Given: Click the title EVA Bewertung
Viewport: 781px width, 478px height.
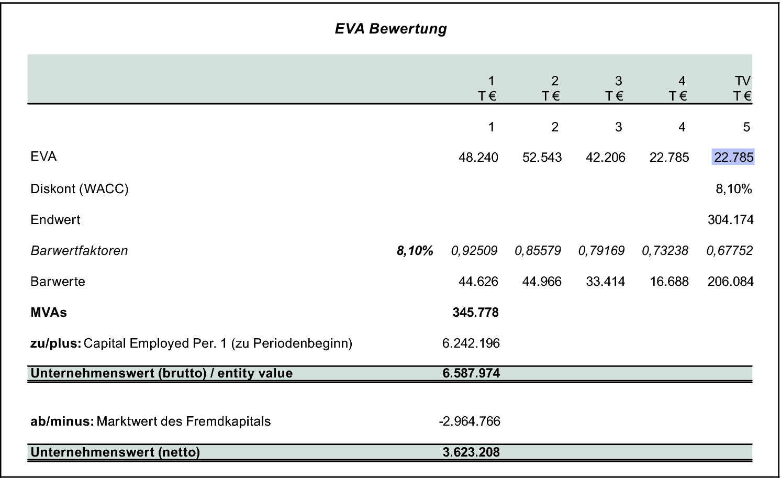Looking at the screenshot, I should (x=390, y=29).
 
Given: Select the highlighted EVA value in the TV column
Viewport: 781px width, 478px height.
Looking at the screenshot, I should (x=733, y=157).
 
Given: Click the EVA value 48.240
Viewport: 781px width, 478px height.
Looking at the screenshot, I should (x=478, y=158).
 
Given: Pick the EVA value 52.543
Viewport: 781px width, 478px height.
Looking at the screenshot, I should (x=542, y=158).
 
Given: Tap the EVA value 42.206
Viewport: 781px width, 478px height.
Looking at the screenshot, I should (x=605, y=158).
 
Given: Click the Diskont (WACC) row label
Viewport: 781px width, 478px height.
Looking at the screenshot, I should (x=80, y=188).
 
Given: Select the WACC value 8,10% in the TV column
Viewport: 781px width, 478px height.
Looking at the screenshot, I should (x=733, y=189).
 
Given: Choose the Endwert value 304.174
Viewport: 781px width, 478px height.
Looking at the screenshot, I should (x=730, y=220).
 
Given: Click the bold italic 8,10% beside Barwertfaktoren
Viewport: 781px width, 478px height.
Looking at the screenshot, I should (x=415, y=251).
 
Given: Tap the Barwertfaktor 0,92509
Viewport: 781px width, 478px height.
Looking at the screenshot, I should (x=474, y=251).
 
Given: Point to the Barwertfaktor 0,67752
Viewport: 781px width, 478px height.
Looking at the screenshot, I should (x=729, y=251).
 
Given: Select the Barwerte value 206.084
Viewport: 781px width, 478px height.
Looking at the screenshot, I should (x=730, y=282).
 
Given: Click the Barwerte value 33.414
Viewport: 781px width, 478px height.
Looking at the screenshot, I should (x=605, y=282).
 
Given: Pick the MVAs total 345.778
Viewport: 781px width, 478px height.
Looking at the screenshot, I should (x=475, y=313).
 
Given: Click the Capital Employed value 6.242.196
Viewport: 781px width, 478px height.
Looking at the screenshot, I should (x=471, y=343).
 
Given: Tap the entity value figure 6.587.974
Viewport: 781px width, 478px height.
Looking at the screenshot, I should (x=471, y=373).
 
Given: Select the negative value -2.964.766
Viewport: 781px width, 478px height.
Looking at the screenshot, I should (x=470, y=421).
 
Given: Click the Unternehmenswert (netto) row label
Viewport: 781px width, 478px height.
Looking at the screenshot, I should (x=115, y=452).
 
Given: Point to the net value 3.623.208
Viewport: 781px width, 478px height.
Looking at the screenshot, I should (x=471, y=452).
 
